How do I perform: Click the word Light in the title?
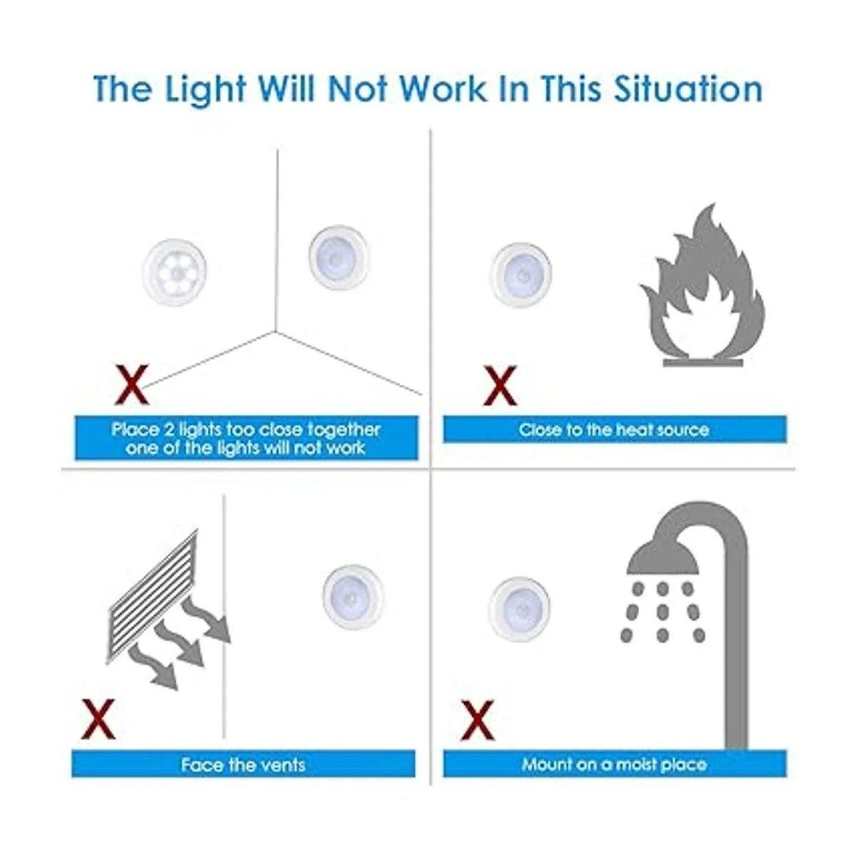[205, 89]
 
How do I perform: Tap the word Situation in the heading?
[688, 89]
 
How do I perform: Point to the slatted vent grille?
[152, 596]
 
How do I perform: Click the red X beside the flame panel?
[501, 385]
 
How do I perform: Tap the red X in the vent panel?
[98, 719]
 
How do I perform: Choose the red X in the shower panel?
[478, 720]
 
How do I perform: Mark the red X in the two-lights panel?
[131, 385]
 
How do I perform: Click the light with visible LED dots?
[174, 272]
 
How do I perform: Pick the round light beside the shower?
[519, 609]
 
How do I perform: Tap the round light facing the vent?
[354, 597]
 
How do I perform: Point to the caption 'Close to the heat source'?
[613, 430]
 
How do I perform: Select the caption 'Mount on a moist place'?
[614, 764]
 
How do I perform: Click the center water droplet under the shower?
[663, 612]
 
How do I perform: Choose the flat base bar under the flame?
[703, 363]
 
